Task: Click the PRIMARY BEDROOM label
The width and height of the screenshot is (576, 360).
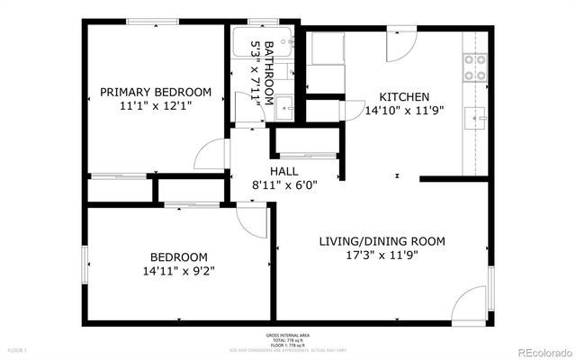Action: (x=156, y=92)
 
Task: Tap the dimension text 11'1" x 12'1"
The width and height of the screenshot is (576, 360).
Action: (x=156, y=105)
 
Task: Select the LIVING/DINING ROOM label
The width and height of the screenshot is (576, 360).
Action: (x=382, y=241)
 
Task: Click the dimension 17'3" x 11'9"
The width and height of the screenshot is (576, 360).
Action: (x=382, y=255)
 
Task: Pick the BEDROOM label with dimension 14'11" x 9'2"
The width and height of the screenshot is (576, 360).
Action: (x=178, y=256)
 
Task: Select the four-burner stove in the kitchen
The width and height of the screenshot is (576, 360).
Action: (x=474, y=67)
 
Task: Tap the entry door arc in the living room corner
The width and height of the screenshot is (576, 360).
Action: (x=472, y=306)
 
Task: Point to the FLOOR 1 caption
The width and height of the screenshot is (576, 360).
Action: (x=18, y=349)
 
